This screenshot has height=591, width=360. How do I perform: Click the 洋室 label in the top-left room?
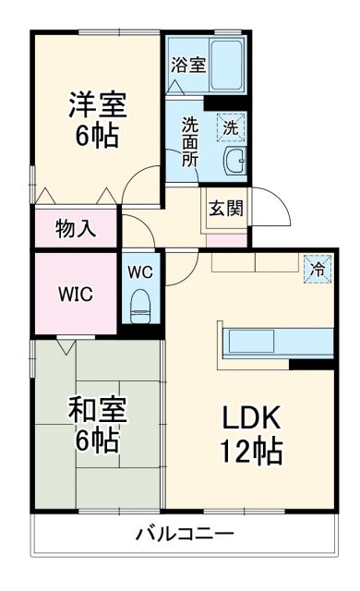click(x=95, y=102)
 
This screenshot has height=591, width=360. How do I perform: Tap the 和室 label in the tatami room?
click(x=97, y=409)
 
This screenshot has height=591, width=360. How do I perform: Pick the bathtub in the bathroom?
click(x=224, y=66)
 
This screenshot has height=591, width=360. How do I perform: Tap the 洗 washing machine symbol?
click(x=231, y=126)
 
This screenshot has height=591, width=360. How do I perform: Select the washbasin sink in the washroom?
click(x=234, y=160)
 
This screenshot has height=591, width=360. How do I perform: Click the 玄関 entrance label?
click(x=225, y=208)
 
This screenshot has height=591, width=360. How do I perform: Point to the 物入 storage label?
click(x=76, y=228)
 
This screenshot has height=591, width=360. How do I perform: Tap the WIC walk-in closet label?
click(x=75, y=295)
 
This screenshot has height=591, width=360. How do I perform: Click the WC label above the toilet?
click(x=141, y=272)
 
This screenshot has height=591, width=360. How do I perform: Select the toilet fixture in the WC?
click(x=141, y=305)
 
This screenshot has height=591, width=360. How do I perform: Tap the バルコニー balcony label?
click(x=185, y=534)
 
